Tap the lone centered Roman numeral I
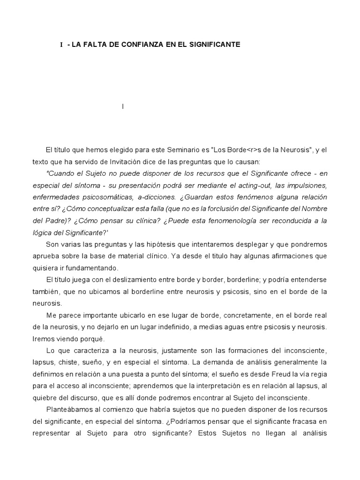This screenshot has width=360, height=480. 123,107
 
